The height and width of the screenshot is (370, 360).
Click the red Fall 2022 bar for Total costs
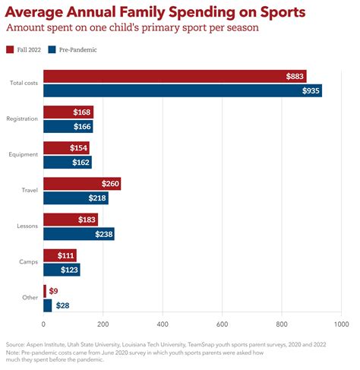pyautogui.click(x=175, y=76)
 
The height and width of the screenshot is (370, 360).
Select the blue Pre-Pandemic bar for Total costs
pyautogui.click(x=183, y=90)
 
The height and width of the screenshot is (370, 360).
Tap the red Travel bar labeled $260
pyautogui.click(x=82, y=184)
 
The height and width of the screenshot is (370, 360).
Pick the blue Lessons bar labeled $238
pyautogui.click(x=79, y=234)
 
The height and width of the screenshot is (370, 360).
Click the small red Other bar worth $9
pyautogui.click(x=45, y=291)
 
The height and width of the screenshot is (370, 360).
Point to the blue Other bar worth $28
pyautogui.click(x=48, y=305)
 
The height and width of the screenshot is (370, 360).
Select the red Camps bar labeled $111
pyautogui.click(x=60, y=255)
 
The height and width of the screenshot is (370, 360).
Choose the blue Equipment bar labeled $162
pyautogui.click(x=68, y=162)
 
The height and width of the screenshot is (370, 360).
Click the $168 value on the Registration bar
pyautogui.click(x=82, y=112)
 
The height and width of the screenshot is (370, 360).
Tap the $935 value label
pyautogui.click(x=311, y=90)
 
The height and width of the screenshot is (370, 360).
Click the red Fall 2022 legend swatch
pyautogui.click(x=10, y=49)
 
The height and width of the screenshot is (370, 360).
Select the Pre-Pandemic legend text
pyautogui.click(x=78, y=50)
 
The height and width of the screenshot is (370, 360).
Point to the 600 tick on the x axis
pyautogui.click(x=222, y=324)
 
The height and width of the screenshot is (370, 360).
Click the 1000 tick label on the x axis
pyautogui.click(x=341, y=324)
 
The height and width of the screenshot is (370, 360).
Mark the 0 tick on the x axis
pyautogui.click(x=43, y=324)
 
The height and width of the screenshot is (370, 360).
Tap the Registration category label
pyautogui.click(x=22, y=119)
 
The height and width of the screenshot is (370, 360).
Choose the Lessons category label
pyautogui.click(x=27, y=226)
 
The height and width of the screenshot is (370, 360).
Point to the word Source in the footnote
pyautogui.click(x=15, y=344)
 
